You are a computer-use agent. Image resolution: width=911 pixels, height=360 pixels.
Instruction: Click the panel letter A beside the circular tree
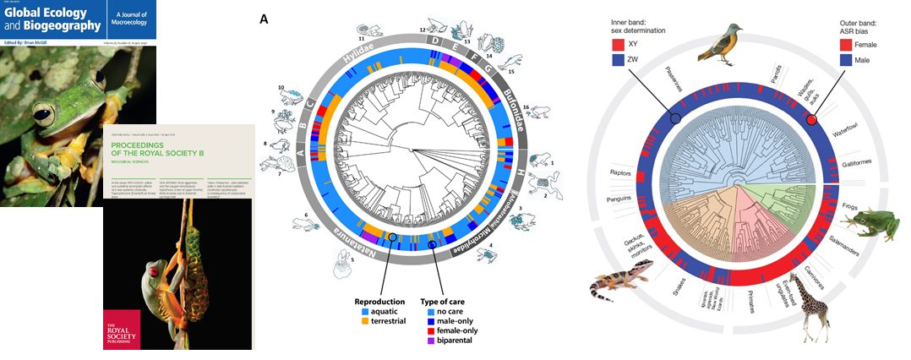coord(265,19)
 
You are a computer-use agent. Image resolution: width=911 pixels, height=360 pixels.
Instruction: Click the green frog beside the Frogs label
coord(870,223)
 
